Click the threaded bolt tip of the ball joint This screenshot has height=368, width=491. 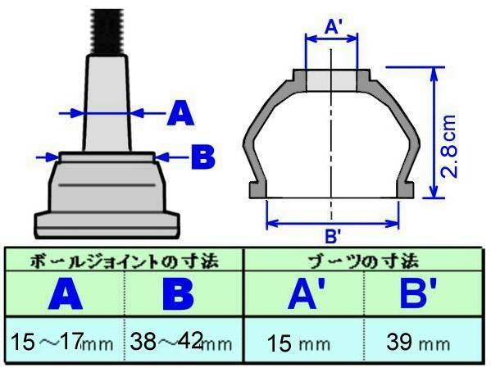(x=107, y=32)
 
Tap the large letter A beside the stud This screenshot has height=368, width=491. (x=180, y=114)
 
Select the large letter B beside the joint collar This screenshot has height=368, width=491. (x=203, y=157)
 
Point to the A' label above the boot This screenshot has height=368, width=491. (x=333, y=26)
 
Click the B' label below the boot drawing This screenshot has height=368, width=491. (x=333, y=236)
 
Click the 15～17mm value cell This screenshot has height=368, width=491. (x=61, y=342)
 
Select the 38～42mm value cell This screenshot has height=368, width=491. (x=181, y=342)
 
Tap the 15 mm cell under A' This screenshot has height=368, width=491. (x=298, y=343)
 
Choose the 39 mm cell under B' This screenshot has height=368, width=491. (x=418, y=343)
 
